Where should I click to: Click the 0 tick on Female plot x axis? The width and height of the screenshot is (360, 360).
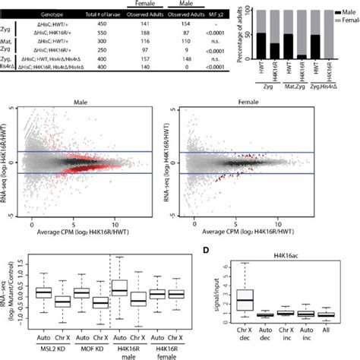pyautogui.click(x=183, y=225)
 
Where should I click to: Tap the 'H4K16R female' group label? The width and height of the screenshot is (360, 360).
pyautogui.click(x=159, y=346)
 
